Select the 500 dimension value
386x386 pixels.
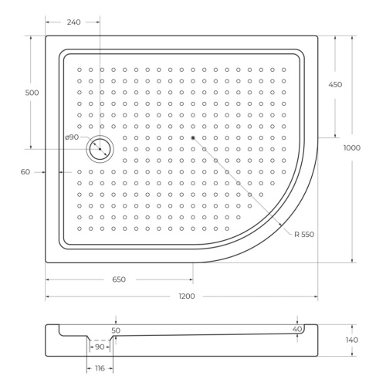pyautogui.click(x=32, y=93)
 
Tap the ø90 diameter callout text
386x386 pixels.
pyautogui.click(x=72, y=137)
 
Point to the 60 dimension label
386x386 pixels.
pyautogui.click(x=25, y=172)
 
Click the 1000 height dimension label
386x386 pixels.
pyautogui.click(x=353, y=148)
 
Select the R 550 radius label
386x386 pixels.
pyautogui.click(x=303, y=234)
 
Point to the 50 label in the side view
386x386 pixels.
pyautogui.click(x=116, y=330)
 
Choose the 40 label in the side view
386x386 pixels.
pyautogui.click(x=297, y=330)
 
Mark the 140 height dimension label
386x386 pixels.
pyautogui.click(x=352, y=340)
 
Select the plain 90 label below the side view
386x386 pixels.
pyautogui.click(x=100, y=347)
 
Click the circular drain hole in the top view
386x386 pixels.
pyautogui.click(x=100, y=149)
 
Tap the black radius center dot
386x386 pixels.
pyautogui.click(x=193, y=137)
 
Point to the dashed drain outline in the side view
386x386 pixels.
pyautogui.click(x=100, y=340)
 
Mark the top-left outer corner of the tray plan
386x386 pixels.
pyautogui.click(x=46, y=36)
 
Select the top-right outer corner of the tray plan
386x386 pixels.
pyautogui.click(x=318, y=36)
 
